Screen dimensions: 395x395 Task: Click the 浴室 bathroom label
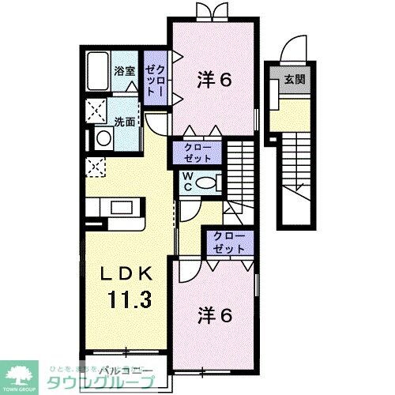[125, 71]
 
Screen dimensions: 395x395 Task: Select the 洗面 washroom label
[122, 122]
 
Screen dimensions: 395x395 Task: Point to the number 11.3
[126, 300]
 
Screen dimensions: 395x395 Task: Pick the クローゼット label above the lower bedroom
[228, 243]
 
